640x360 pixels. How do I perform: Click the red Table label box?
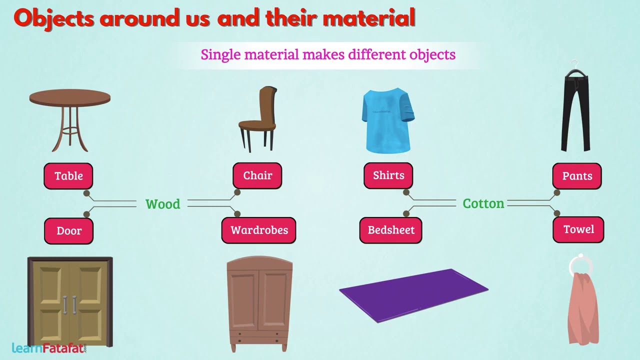click(68, 176)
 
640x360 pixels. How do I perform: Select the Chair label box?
click(257, 175)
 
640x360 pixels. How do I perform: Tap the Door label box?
click(69, 231)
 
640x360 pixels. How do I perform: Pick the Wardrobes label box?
click(259, 230)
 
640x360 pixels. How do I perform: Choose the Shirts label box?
click(388, 175)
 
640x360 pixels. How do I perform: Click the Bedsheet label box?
click(391, 230)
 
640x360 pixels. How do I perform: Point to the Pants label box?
click(577, 176)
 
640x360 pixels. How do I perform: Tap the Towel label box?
click(578, 229)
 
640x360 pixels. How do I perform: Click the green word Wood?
click(163, 204)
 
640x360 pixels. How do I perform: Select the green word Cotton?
click(483, 203)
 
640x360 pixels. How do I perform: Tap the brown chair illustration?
click(258, 119)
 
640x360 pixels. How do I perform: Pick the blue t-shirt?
click(388, 120)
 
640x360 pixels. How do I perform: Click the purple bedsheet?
click(413, 295)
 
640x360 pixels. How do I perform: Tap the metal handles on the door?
click(70, 305)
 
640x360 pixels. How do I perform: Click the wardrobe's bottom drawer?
click(258, 341)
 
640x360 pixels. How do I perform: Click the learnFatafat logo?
click(49, 348)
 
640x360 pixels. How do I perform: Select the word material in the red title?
click(369, 18)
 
